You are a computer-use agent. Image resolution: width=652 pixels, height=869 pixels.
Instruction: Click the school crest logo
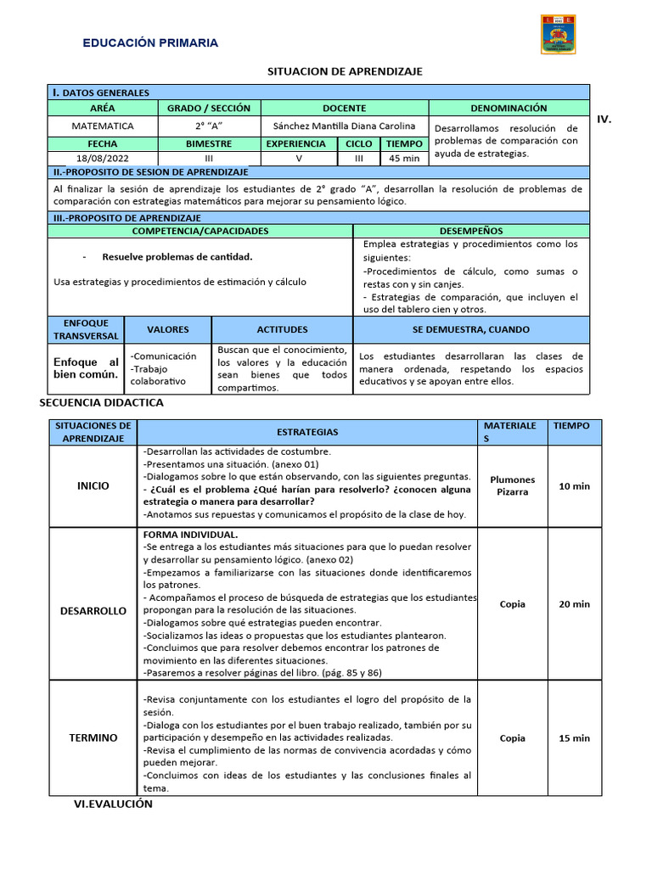click(x=558, y=34)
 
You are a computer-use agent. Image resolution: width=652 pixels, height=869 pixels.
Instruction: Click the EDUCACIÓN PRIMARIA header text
click(x=149, y=42)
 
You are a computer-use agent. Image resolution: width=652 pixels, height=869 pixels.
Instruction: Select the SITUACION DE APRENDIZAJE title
click(x=345, y=71)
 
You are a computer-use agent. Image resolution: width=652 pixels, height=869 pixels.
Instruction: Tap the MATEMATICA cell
click(x=102, y=126)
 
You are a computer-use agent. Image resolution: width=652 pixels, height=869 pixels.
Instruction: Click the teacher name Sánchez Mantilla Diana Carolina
click(x=344, y=126)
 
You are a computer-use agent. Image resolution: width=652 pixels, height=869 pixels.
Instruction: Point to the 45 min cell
click(x=404, y=159)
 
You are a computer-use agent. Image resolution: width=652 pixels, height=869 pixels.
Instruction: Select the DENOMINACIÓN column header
click(x=509, y=109)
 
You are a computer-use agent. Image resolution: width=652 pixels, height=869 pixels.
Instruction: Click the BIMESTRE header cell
click(x=209, y=144)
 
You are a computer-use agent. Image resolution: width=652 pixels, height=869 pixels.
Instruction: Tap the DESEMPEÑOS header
click(x=471, y=231)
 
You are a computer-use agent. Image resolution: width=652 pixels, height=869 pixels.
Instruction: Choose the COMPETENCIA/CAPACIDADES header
click(x=200, y=231)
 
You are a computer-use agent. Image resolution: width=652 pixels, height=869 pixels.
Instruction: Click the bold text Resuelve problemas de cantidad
click(x=177, y=256)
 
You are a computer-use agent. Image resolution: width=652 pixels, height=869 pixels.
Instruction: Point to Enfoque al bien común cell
click(x=86, y=368)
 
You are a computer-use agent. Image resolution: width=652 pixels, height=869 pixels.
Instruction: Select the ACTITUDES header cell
click(x=282, y=329)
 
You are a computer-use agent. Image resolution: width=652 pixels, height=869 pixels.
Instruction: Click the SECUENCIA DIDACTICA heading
click(x=102, y=403)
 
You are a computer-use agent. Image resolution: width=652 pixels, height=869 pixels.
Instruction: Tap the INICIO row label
click(x=93, y=486)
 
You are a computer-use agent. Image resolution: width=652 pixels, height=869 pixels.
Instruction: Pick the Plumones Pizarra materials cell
click(x=512, y=486)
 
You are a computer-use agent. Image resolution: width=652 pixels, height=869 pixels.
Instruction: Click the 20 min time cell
click(x=574, y=604)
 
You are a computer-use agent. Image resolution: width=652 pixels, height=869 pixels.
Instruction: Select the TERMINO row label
click(x=93, y=738)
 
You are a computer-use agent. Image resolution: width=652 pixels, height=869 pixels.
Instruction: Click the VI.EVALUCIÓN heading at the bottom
click(x=113, y=805)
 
